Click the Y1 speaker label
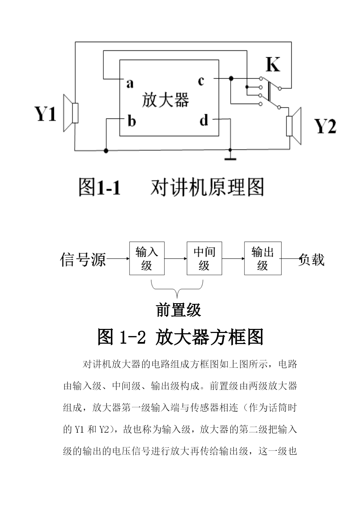[45, 114]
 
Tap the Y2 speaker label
[325, 126]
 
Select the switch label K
[273, 64]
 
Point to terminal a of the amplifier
[130, 83]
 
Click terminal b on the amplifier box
[132, 121]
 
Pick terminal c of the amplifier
[201, 81]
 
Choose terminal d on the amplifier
[204, 120]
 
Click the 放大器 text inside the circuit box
[165, 100]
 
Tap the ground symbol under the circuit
[230, 159]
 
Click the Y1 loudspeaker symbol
[71, 113]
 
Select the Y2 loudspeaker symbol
[294, 126]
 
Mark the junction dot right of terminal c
[231, 78]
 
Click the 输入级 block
[147, 258]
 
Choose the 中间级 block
[204, 258]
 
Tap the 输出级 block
[263, 258]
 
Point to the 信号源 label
[83, 259]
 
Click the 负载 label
[311, 259]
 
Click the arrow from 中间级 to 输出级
[233, 259]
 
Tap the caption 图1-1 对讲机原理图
[171, 187]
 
